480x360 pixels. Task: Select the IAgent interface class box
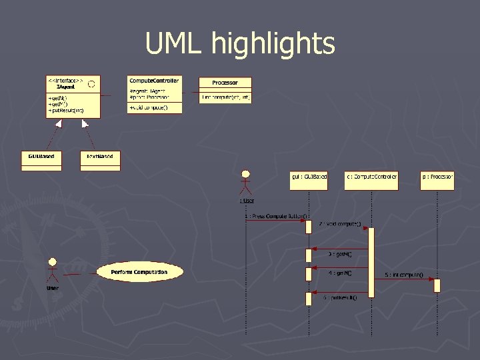tap(73, 97)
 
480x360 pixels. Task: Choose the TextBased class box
tap(100, 159)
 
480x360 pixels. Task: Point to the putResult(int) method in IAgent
tap(66, 111)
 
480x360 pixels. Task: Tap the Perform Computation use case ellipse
tap(139, 272)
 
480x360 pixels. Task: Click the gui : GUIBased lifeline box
tap(309, 180)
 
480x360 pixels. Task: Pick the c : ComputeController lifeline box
tap(371, 180)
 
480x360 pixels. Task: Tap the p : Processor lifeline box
tap(437, 180)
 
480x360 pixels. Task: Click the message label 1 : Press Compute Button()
tap(277, 216)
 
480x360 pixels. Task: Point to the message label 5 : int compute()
tap(403, 274)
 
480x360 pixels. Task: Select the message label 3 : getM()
tap(340, 254)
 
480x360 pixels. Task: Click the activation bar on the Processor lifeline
tap(437, 285)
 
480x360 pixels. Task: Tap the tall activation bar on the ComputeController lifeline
tap(371, 266)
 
